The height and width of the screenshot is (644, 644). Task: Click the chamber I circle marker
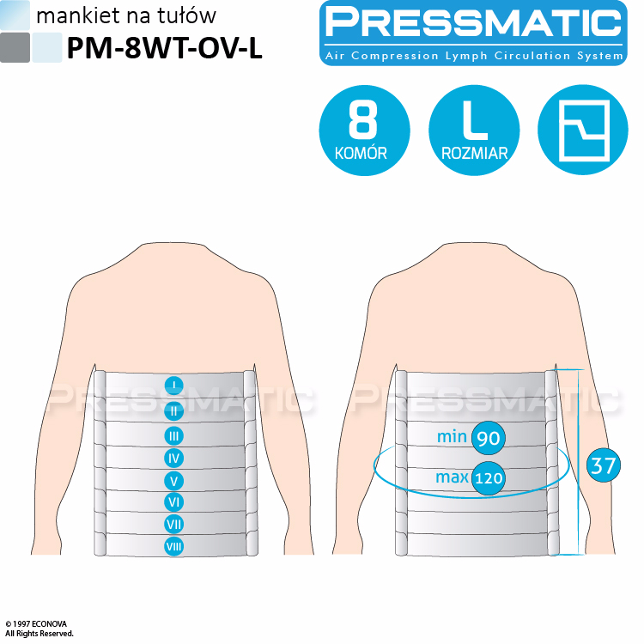click(173, 386)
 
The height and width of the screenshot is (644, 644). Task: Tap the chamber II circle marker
click(173, 410)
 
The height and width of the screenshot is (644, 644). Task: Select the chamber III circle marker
click(173, 435)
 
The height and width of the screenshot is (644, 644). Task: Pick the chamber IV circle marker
click(173, 458)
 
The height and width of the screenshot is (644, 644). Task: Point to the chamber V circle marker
click(173, 481)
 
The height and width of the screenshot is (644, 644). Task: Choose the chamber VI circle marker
click(173, 502)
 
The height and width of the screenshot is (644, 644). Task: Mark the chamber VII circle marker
click(173, 524)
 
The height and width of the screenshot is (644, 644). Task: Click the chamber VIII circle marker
click(173, 546)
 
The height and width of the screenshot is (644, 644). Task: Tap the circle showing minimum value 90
click(489, 438)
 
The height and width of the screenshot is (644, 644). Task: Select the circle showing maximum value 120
click(489, 477)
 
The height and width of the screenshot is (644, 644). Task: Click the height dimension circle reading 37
click(604, 465)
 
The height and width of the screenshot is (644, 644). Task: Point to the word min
click(452, 436)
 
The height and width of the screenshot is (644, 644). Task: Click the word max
click(452, 477)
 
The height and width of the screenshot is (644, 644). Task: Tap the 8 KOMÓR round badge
click(364, 131)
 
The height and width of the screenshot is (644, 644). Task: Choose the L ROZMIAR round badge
click(474, 131)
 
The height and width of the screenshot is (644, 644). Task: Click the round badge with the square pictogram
click(583, 131)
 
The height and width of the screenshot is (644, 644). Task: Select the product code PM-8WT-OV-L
click(164, 48)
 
